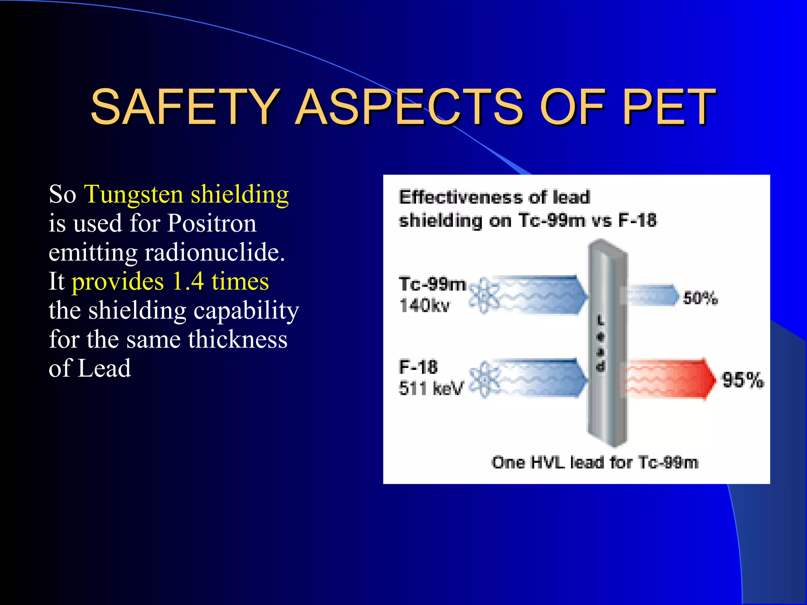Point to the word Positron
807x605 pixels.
(212, 223)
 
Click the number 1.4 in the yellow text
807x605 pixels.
(188, 281)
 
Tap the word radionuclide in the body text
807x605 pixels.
(214, 252)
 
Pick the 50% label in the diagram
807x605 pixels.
(700, 298)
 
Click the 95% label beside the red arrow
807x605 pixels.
(743, 380)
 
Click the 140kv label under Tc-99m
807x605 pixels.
(424, 305)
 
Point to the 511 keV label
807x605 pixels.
(431, 388)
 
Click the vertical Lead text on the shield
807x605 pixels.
(600, 344)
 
